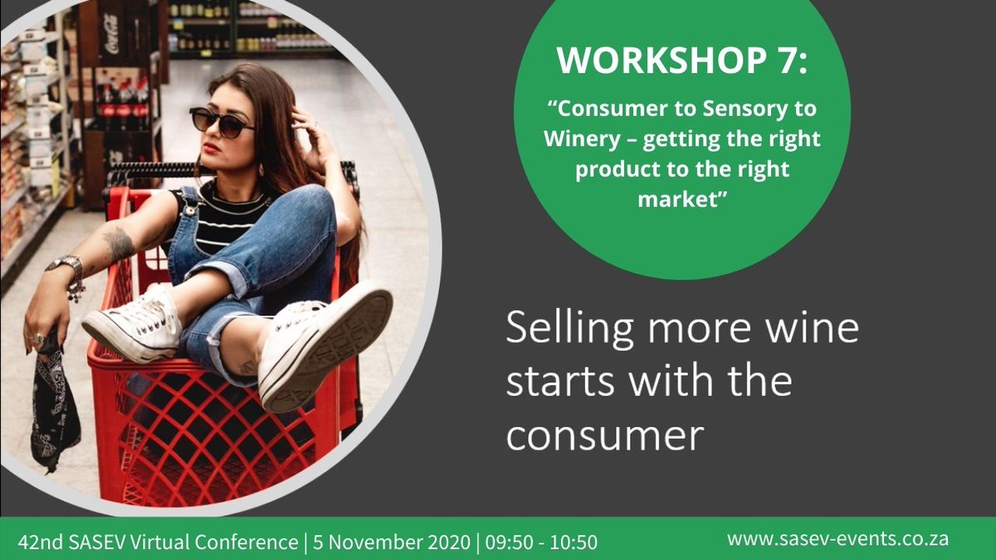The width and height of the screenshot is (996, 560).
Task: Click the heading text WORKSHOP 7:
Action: pos(681,62)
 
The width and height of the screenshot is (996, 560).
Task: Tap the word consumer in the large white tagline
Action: pos(604,434)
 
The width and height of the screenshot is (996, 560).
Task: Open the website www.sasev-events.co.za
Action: pos(837,539)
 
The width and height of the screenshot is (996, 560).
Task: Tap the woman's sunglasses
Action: pos(221,122)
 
